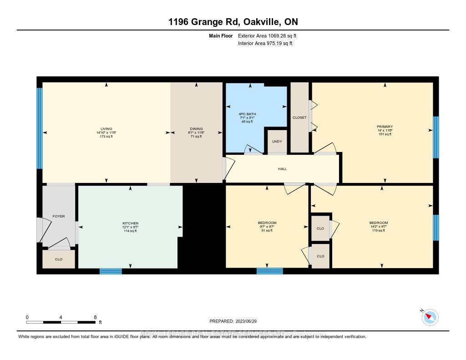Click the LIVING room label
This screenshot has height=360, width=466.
click(106, 128)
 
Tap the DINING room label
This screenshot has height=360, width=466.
click(196, 128)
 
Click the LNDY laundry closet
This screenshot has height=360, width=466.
click(277, 142)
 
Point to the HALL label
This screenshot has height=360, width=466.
click(282, 169)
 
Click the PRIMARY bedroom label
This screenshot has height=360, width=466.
click(385, 127)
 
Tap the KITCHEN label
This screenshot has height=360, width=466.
click(130, 223)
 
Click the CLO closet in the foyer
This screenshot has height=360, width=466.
click(59, 259)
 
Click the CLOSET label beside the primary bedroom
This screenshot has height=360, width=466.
click(299, 117)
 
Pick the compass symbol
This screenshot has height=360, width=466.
click(430, 317)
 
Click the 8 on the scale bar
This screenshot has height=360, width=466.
click(95, 317)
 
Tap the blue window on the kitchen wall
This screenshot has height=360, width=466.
click(111, 271)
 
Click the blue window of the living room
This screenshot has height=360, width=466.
click(40, 132)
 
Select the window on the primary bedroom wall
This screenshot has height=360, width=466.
click(436, 137)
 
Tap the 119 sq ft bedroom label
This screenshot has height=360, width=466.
click(378, 230)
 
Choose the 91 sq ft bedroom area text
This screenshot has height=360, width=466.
click(267, 230)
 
